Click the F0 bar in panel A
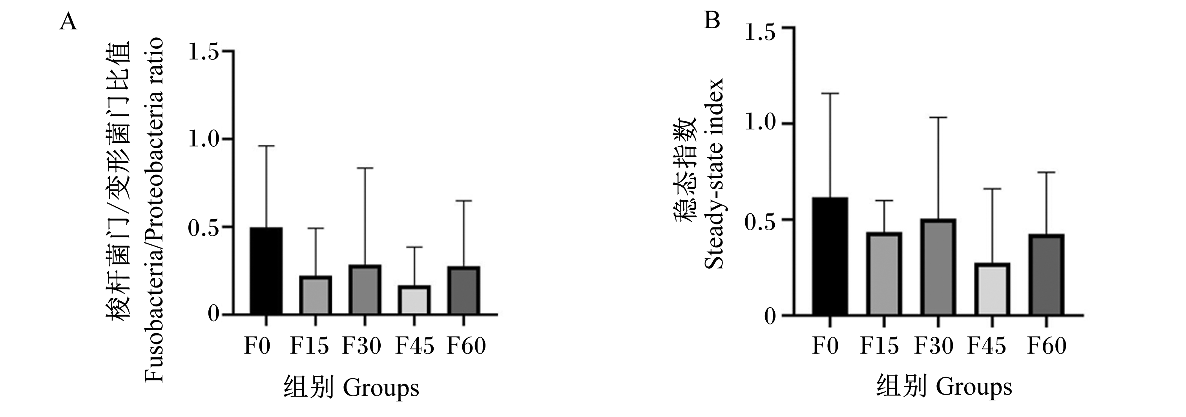click(266, 271)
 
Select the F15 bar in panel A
click(316, 295)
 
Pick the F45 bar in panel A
click(414, 300)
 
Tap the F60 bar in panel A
click(463, 290)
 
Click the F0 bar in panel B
click(830, 257)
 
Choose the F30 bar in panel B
click(938, 268)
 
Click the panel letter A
click(68, 22)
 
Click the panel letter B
click(712, 21)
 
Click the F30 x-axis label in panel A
click(361, 346)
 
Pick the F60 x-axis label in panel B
click(1047, 346)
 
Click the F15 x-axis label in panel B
click(879, 346)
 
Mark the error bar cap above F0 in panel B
click(830, 93)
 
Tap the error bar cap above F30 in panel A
click(365, 168)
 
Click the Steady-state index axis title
click(714, 174)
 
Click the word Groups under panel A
click(381, 388)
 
